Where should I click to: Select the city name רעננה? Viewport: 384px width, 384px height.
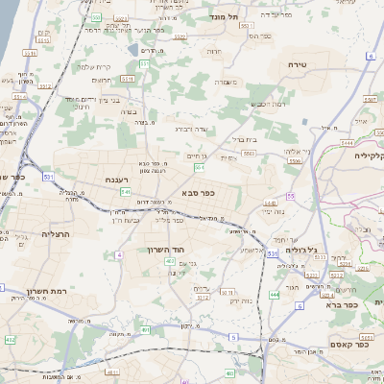tap(123, 180)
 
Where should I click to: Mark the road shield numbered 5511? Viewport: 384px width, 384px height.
tap(143, 63)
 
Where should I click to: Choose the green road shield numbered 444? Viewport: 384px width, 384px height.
tap(275, 294)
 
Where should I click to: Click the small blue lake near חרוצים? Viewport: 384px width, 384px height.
tap(132, 48)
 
